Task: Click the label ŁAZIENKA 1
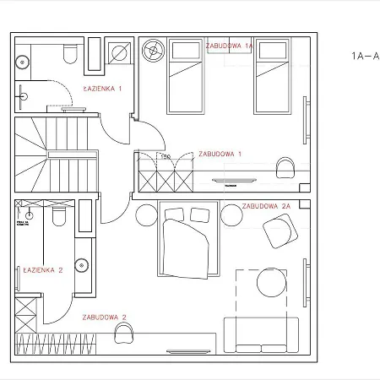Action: click(x=102, y=88)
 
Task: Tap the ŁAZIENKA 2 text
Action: click(x=43, y=270)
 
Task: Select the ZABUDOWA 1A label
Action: click(x=230, y=46)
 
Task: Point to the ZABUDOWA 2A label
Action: click(x=266, y=206)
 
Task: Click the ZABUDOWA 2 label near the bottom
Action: click(x=104, y=318)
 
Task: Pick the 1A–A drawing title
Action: click(x=365, y=57)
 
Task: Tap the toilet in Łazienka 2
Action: click(x=57, y=219)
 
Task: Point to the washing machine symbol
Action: click(x=120, y=53)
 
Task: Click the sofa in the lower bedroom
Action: click(x=261, y=336)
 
